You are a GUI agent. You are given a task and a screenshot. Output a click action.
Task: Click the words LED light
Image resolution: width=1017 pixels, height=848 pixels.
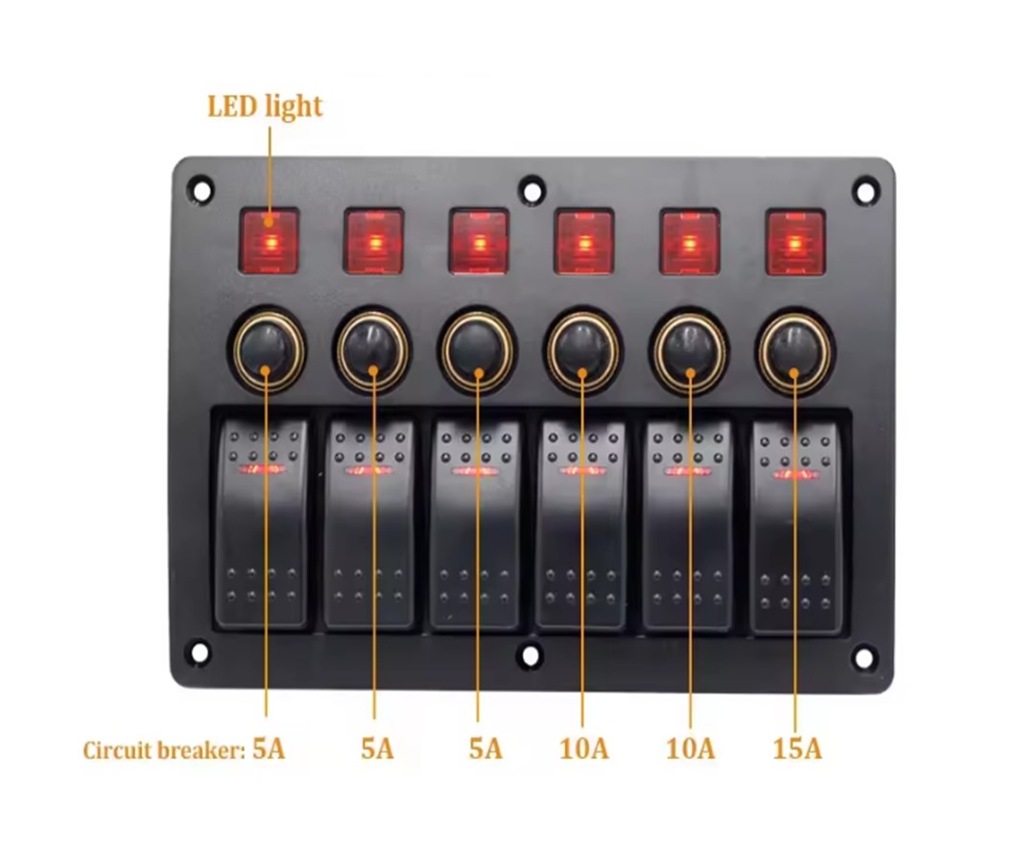[x=265, y=107]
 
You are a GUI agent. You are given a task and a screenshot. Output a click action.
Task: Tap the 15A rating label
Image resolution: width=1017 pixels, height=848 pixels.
[x=797, y=749]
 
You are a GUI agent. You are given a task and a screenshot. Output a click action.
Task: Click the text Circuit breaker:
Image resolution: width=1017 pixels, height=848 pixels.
[x=164, y=750]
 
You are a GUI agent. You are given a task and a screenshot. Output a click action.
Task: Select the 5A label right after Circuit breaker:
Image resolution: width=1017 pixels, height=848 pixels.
[x=269, y=749]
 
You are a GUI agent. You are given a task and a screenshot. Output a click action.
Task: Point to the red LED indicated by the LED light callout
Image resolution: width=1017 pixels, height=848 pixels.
[x=270, y=241]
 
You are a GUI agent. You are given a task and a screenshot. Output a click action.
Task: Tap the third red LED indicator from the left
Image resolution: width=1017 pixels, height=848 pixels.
[x=480, y=242]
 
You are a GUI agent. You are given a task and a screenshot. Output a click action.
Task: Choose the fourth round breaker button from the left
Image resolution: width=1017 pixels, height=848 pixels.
[x=582, y=350]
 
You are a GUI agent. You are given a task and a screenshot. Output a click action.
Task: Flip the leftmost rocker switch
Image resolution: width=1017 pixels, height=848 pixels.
[x=261, y=524]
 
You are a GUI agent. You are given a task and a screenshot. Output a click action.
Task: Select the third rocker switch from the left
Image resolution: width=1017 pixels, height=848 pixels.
[x=476, y=525]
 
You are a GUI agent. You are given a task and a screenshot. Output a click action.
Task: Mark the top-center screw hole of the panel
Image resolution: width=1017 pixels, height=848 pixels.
[x=532, y=191]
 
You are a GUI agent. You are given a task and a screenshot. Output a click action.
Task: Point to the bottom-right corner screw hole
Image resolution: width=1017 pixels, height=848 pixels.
[x=863, y=657]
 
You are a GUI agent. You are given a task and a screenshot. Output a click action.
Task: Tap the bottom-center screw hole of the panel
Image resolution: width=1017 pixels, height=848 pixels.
[x=531, y=655]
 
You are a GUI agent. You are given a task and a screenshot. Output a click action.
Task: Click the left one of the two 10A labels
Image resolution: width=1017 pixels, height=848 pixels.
[x=584, y=749]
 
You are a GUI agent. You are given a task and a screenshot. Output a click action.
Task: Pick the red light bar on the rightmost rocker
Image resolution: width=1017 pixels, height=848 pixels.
[x=795, y=475]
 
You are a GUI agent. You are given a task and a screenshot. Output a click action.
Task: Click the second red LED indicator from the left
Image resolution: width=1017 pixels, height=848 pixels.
[x=373, y=241]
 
